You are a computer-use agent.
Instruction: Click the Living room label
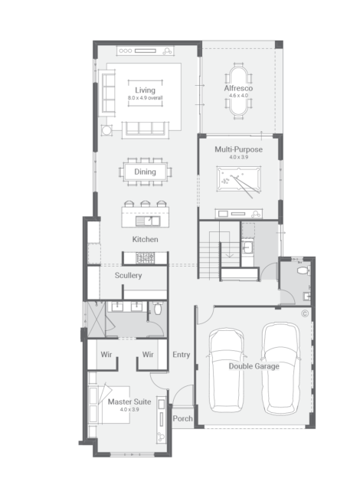(145, 90)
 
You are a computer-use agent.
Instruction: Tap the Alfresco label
(238, 88)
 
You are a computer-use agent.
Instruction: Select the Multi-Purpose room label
(238, 149)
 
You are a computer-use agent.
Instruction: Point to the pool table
(239, 179)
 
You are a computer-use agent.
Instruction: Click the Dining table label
(145, 172)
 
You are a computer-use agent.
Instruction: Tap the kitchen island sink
(148, 221)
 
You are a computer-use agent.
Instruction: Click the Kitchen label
(145, 239)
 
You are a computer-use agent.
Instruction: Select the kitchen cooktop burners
(146, 258)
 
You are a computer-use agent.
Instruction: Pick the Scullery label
(128, 275)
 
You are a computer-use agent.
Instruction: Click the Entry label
(182, 355)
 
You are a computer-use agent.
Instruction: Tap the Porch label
(182, 418)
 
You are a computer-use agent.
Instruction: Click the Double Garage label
(254, 366)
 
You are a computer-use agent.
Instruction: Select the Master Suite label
(129, 401)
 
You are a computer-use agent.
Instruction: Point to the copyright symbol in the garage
(305, 314)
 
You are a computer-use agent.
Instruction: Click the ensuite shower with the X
(97, 319)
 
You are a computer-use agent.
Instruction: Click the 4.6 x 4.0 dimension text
(238, 95)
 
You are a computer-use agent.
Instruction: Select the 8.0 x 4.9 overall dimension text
(145, 98)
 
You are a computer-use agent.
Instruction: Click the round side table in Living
(106, 130)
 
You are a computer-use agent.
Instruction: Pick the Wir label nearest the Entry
(148, 355)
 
